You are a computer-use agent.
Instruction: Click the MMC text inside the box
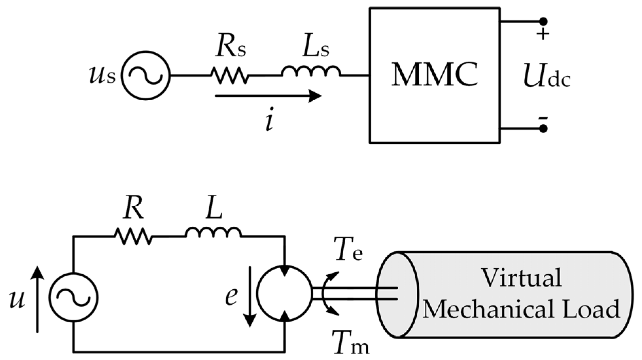click(x=434, y=75)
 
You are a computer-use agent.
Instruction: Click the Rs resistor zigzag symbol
click(x=230, y=75)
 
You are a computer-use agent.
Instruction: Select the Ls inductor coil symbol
click(x=311, y=71)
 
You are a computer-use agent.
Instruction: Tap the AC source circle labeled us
click(x=146, y=75)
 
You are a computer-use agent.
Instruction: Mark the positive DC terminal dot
click(x=543, y=22)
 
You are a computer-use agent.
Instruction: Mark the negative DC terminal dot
click(x=543, y=129)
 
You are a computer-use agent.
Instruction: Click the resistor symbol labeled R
click(x=133, y=236)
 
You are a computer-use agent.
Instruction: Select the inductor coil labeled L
click(x=213, y=233)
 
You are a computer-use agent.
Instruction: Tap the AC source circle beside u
click(x=73, y=297)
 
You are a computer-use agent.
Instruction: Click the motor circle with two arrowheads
click(x=284, y=293)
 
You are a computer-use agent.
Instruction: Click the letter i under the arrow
click(x=269, y=122)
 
